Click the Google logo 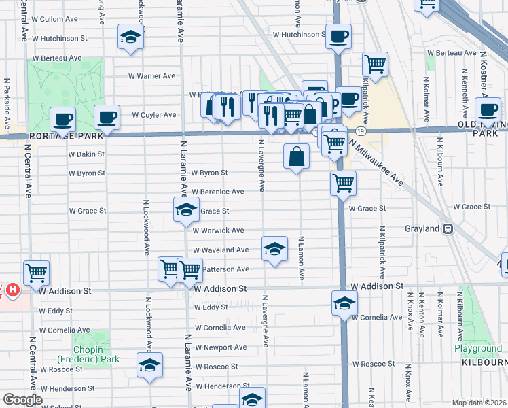22,400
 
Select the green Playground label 478,349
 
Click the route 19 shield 360,130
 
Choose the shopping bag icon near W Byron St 297,157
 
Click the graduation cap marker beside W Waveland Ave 274,249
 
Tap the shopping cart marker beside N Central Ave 36,273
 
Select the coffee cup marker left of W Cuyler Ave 107,117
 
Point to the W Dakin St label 86,154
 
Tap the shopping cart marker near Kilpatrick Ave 375,65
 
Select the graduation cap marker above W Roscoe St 149,364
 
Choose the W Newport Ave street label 221,347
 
